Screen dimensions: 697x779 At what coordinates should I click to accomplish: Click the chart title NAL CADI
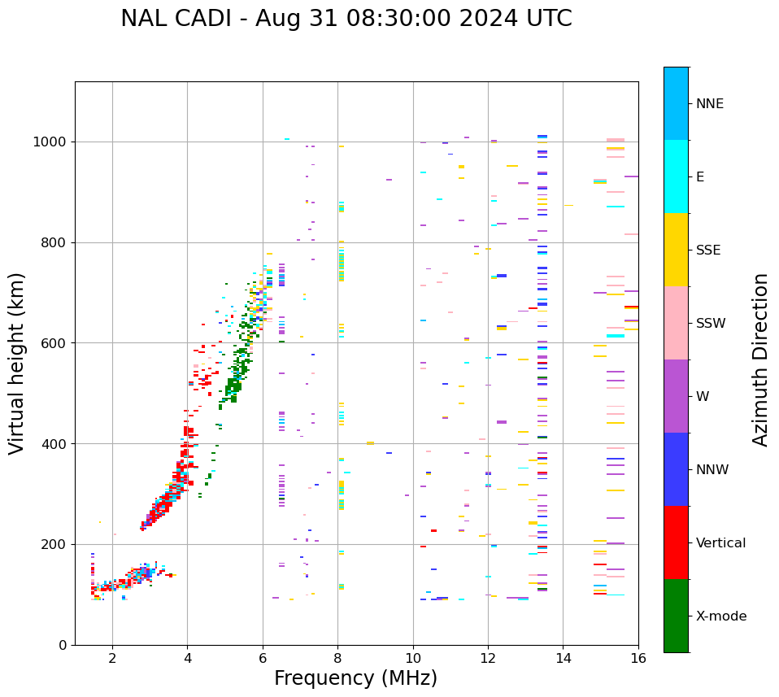(x=346, y=19)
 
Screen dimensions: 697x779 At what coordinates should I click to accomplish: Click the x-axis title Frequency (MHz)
(x=355, y=678)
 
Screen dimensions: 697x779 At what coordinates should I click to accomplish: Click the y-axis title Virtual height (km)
(x=17, y=364)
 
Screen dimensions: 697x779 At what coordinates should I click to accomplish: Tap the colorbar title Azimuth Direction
(x=760, y=359)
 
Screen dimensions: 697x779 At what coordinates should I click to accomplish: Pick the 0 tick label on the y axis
(x=62, y=645)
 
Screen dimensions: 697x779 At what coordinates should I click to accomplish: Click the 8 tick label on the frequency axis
(x=337, y=657)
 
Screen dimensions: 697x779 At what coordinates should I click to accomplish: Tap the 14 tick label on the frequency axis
(x=563, y=657)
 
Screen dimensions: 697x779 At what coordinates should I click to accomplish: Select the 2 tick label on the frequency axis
(x=112, y=657)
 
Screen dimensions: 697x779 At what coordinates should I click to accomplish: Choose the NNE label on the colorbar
(x=709, y=104)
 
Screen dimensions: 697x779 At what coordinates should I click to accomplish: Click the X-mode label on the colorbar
(x=720, y=616)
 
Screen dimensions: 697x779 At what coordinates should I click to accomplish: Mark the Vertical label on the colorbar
(x=720, y=543)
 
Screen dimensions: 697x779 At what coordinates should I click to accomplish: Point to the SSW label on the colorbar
(x=711, y=324)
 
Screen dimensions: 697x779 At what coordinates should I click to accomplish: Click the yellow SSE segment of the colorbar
(x=676, y=250)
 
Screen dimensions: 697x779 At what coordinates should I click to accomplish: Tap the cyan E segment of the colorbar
(x=676, y=176)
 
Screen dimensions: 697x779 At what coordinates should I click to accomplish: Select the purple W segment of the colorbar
(x=676, y=396)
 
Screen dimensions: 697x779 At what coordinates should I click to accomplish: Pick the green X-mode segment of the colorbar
(x=676, y=616)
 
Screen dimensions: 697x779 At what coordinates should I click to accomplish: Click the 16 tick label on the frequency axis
(x=638, y=657)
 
